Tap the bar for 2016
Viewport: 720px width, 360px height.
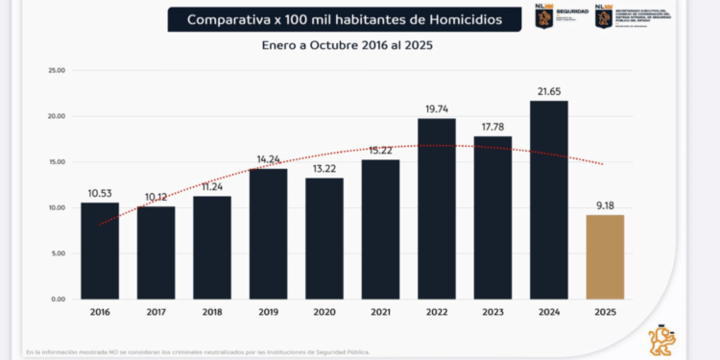99,251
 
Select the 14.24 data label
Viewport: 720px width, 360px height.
268,159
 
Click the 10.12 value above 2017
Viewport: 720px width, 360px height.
156,198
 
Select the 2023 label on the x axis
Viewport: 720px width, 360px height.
492,313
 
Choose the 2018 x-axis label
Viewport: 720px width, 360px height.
211,313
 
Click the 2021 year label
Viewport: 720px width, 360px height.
380,313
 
